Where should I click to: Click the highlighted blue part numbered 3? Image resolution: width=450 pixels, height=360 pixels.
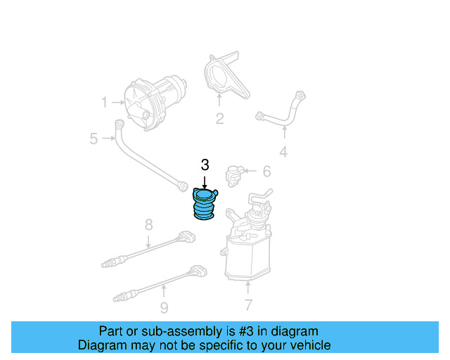coord(204,206)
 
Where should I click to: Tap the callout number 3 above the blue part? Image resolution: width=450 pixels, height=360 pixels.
coord(205,165)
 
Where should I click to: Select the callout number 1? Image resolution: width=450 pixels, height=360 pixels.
coord(105,103)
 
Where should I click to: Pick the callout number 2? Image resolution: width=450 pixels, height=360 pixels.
coord(219,119)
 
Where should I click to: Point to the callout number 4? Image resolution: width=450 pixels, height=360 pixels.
coord(283,151)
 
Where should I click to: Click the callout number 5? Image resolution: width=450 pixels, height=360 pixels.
coord(94,139)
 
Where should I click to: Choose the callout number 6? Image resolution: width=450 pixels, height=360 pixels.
coord(266,171)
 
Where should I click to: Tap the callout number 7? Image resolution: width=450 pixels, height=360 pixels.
coord(247,305)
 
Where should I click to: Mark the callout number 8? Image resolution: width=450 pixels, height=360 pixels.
coord(148,225)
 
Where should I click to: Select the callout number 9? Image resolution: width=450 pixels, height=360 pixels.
coord(163,307)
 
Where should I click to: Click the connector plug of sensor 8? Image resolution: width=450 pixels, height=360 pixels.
coord(186,236)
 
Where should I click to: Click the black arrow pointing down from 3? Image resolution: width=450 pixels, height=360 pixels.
coord(205,181)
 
